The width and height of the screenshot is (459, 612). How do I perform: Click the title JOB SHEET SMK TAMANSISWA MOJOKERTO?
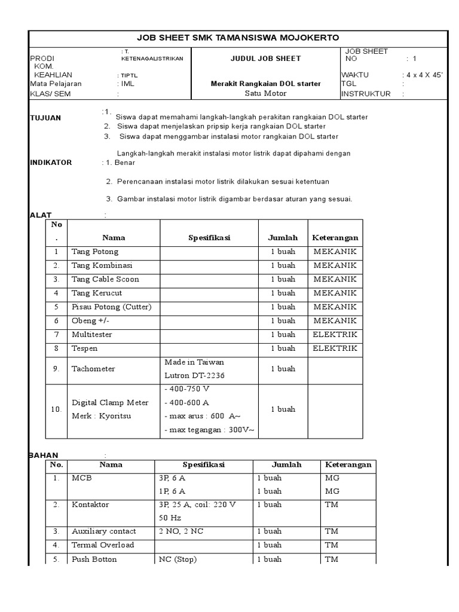[238, 38]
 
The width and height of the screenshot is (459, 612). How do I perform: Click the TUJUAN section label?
[45, 118]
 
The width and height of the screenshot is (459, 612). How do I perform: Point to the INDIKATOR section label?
[51, 163]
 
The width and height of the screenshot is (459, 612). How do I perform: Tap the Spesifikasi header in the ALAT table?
[209, 238]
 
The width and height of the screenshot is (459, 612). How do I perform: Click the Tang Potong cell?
[95, 252]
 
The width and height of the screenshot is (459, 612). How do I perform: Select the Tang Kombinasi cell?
[102, 265]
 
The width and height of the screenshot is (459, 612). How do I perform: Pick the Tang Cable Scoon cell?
[105, 279]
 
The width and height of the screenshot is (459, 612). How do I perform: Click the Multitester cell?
[92, 335]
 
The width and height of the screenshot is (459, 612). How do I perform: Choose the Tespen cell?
[85, 348]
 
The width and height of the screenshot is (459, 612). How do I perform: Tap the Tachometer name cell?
[93, 369]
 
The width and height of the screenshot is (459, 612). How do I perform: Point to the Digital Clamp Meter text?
[110, 402]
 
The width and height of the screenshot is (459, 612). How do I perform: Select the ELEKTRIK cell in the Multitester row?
[335, 335]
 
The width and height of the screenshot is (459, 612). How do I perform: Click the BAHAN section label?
[44, 455]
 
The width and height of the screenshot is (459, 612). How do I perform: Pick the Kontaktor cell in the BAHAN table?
[90, 504]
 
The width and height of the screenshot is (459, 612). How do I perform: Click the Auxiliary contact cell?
[103, 531]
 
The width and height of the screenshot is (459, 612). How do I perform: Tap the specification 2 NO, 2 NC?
[180, 531]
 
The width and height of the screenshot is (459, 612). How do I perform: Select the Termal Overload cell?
[103, 545]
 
